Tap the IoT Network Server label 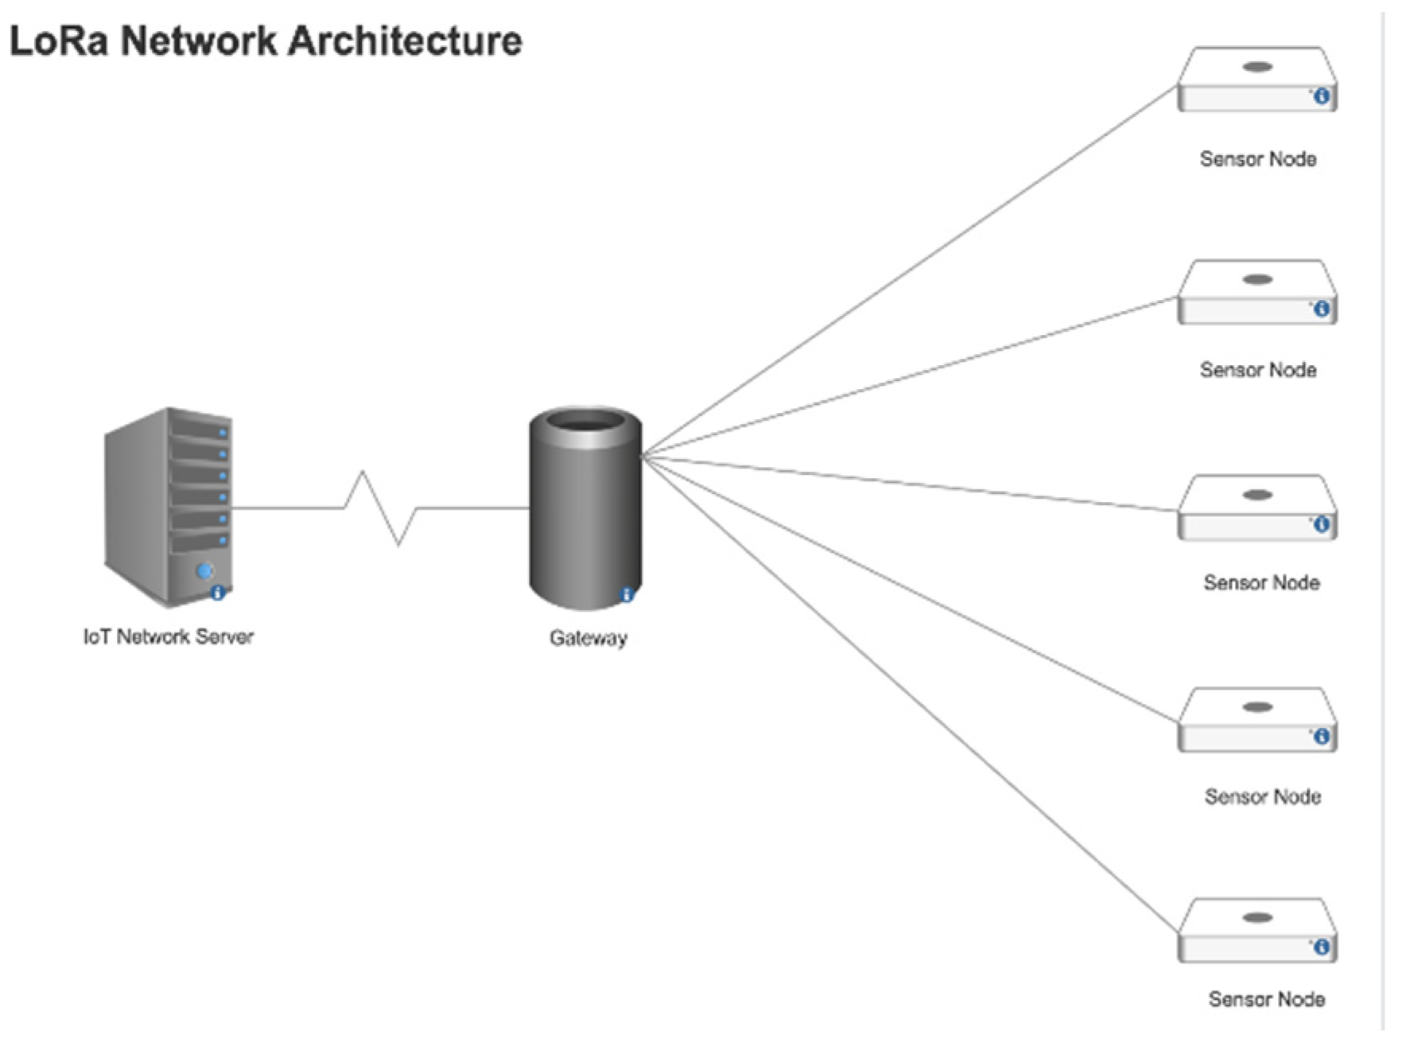coord(168,636)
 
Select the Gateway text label coord(588,638)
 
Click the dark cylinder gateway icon coord(584,509)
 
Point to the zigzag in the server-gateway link coord(380,507)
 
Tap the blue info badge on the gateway coord(627,594)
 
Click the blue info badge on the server coord(217,593)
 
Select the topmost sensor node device coord(1256,80)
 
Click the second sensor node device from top coord(1256,292)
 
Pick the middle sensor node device coord(1256,508)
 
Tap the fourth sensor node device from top coord(1256,720)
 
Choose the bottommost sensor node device coord(1256,931)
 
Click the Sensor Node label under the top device coord(1257,159)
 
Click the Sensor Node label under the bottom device coord(1266,999)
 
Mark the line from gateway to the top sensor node coord(907,273)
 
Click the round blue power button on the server coord(204,570)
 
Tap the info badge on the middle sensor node coord(1321,524)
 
